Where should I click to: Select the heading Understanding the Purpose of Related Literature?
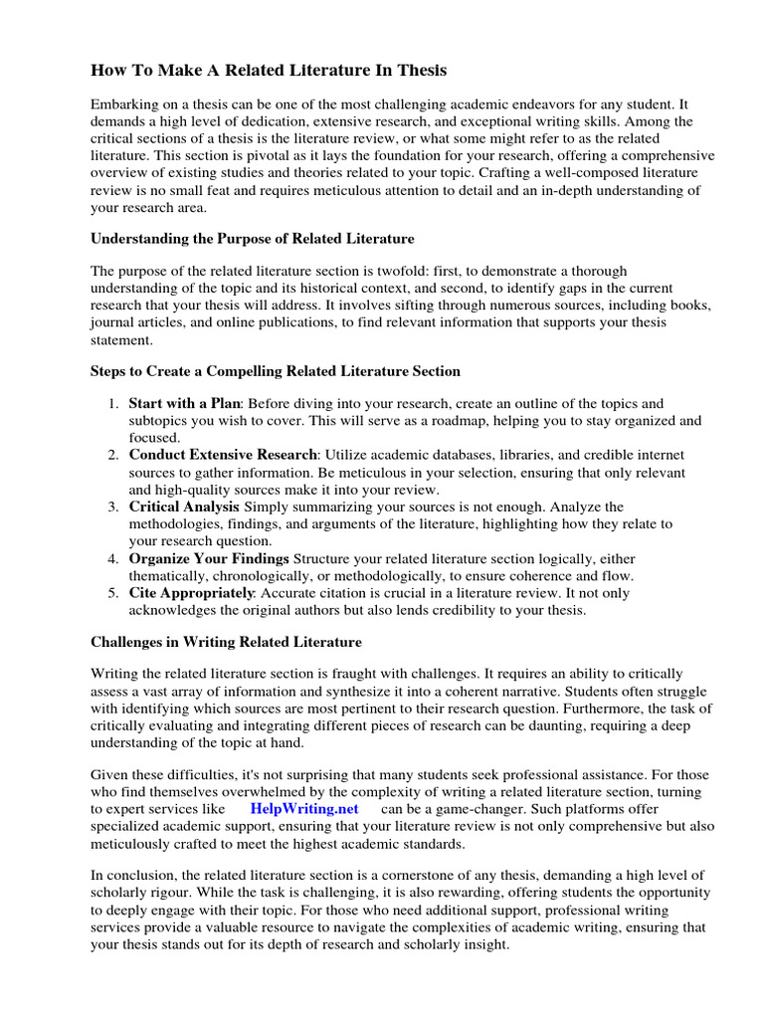(253, 239)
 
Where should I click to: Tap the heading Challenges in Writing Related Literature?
(226, 642)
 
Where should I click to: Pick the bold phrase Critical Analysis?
(184, 507)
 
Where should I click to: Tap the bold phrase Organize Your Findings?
(209, 558)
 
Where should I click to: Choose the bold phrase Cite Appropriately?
(190, 593)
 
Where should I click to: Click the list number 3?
(113, 507)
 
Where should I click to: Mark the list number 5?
(113, 593)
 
